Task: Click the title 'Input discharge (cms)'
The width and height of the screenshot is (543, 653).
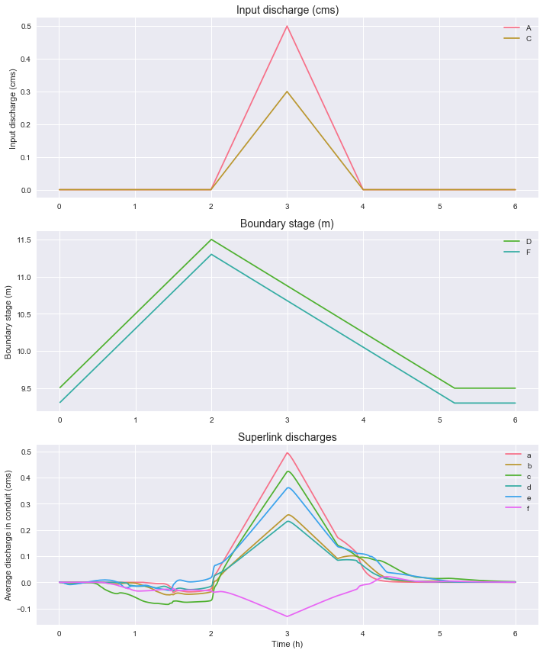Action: [288, 11]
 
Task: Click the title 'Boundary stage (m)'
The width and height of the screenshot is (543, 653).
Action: [288, 224]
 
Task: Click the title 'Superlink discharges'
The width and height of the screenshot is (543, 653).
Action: [288, 437]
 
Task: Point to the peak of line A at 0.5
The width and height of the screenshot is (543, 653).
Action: [288, 26]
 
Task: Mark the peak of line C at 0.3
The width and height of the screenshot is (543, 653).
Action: [288, 92]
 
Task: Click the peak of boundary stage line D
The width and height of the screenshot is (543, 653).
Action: [211, 240]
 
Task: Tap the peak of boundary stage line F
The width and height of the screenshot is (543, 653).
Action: [211, 254]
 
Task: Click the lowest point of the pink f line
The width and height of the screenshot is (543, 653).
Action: [288, 616]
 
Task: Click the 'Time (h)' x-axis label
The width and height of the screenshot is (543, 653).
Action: [288, 645]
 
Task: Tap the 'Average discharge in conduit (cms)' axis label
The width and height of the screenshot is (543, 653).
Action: [8, 534]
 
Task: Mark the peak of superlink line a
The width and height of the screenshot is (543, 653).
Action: [288, 452]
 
